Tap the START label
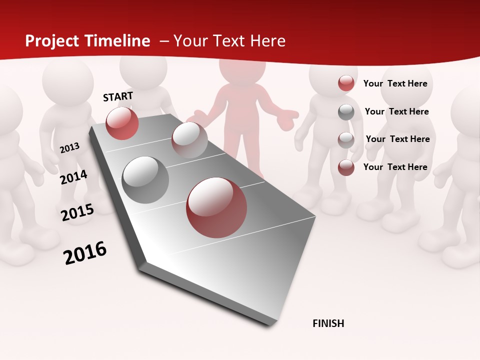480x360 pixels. coord(118,96)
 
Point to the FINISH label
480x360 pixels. coord(328,323)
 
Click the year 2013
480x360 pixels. coord(69,148)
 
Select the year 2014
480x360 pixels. coord(73,177)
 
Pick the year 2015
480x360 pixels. coord(77,212)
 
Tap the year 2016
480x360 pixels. coord(85,252)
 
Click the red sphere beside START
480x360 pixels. coord(122,123)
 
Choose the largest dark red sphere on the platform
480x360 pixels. coord(216,207)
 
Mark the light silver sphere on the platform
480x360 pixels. coord(189,139)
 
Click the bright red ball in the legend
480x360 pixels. coord(346,83)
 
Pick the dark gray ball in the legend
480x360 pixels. coord(346,112)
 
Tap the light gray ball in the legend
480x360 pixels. coord(346,139)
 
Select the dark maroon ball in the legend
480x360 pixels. coord(346,167)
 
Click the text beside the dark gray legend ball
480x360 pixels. coord(396,111)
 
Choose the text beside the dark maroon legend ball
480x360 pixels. coord(395,167)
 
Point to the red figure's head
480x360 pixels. coord(242,70)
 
